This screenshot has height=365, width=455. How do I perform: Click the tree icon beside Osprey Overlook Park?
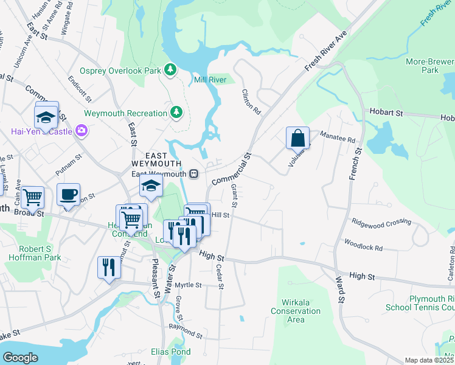pos(171,71)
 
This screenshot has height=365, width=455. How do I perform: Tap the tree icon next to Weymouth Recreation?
pos(176,113)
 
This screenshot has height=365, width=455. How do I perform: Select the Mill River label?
pos(210,80)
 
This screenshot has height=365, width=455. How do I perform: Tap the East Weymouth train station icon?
pos(194,174)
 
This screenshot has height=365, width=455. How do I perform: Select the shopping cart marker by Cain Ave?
pos(32,197)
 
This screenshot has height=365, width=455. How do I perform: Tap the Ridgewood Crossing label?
pos(381,222)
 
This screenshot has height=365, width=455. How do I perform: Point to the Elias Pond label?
pos(171,352)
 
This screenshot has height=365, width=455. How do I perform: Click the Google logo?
pos(20,358)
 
